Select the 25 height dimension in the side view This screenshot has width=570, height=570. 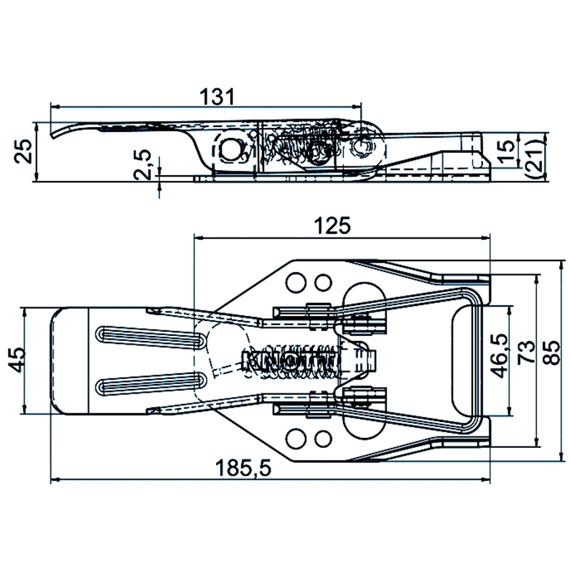coord(24,150)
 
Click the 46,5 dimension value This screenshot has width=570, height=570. coord(500,353)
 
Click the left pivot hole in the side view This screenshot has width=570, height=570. coord(230,149)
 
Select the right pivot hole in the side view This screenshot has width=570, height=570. coord(363,145)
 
